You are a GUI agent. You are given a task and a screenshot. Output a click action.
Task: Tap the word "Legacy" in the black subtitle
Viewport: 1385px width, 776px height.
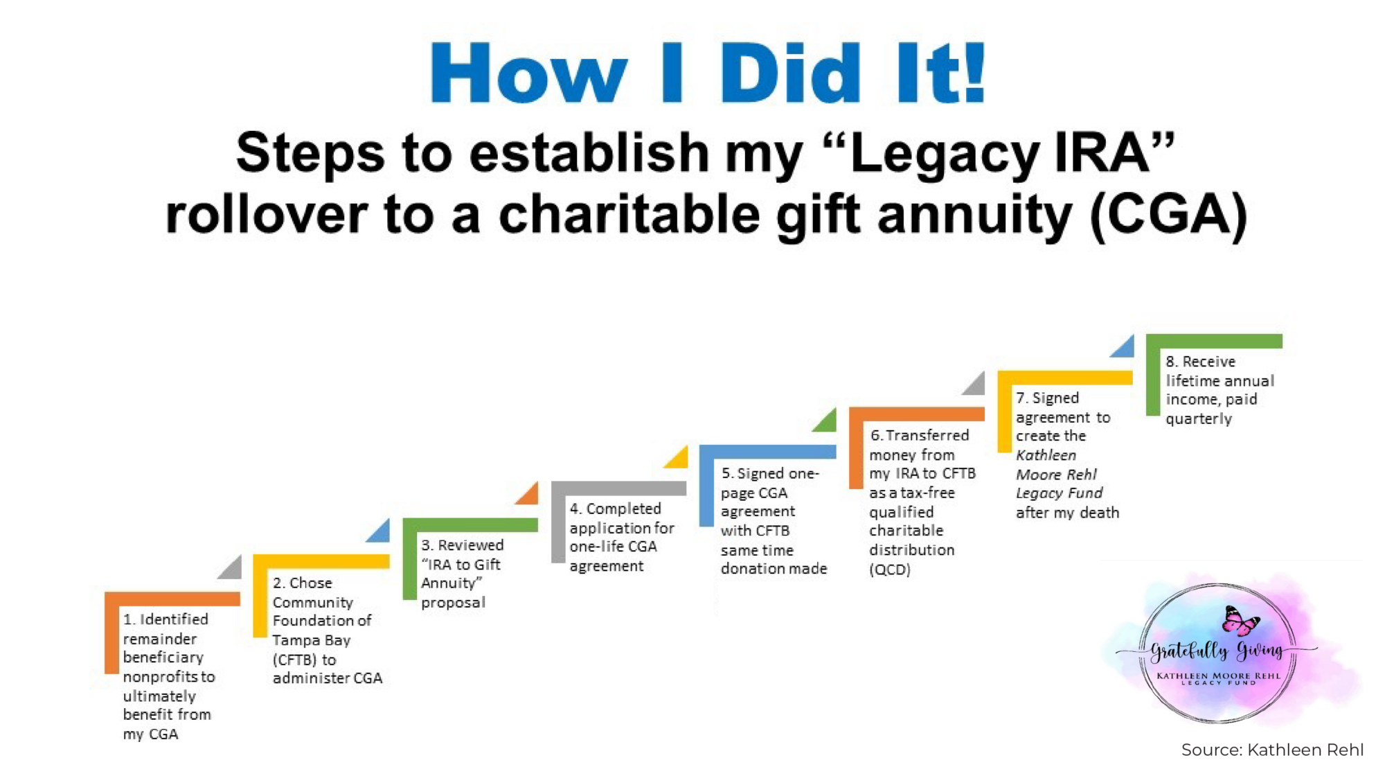(945, 154)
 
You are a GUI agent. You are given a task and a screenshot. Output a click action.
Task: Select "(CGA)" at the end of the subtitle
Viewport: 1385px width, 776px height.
(1169, 215)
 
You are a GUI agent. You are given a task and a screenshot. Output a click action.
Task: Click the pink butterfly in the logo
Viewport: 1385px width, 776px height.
(1240, 620)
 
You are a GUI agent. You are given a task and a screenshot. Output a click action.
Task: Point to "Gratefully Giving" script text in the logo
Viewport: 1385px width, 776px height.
(1217, 650)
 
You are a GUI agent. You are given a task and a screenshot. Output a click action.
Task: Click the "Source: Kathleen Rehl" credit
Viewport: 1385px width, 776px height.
(1272, 750)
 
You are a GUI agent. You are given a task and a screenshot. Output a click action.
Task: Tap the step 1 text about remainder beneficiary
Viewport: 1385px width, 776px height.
(168, 676)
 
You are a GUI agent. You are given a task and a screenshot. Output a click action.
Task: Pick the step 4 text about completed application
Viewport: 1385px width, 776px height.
(620, 537)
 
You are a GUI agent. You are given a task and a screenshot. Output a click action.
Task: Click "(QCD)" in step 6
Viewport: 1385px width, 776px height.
(890, 570)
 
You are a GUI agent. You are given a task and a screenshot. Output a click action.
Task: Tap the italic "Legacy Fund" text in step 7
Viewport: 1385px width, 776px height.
(1059, 493)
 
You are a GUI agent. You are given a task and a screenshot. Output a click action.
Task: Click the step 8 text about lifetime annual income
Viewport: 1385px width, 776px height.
(1218, 389)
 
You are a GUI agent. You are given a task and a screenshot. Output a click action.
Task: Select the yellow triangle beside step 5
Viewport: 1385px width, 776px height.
(678, 458)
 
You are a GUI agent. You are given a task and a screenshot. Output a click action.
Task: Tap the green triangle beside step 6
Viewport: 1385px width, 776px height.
(826, 421)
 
